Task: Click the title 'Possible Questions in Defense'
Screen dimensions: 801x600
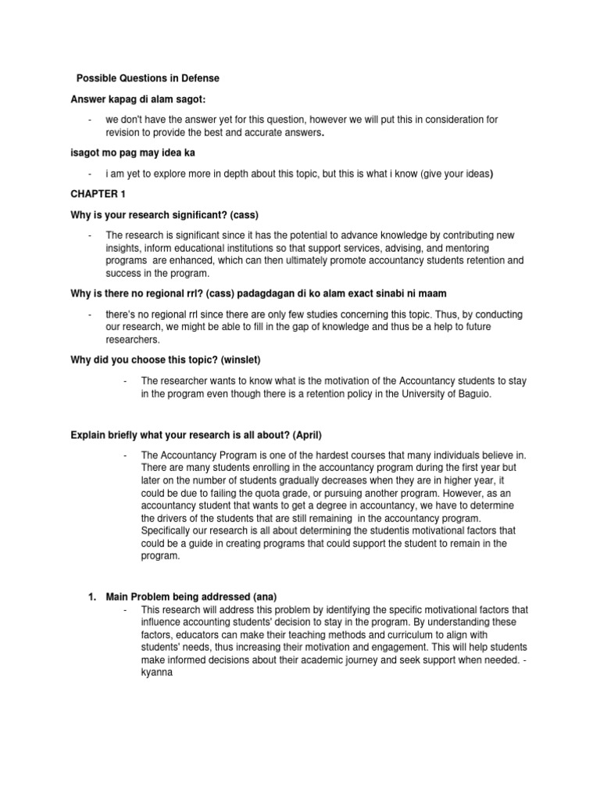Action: (148, 78)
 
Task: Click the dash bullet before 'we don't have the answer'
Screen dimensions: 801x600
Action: (91, 120)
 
